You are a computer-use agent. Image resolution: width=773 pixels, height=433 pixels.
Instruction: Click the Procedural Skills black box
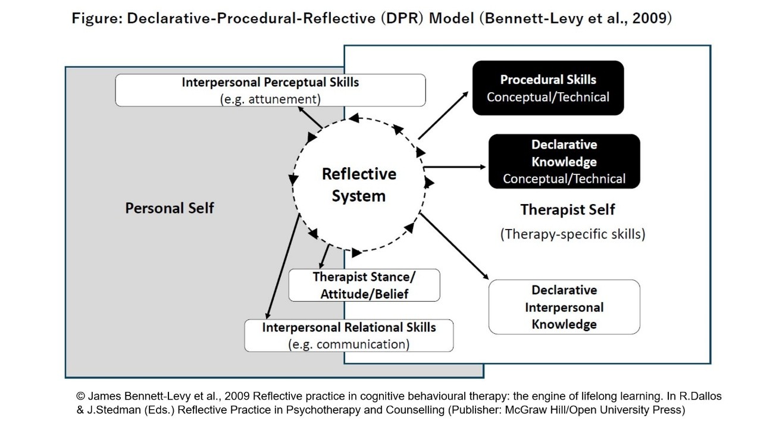[x=547, y=87]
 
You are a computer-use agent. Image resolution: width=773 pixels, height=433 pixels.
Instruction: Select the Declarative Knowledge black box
[x=564, y=161]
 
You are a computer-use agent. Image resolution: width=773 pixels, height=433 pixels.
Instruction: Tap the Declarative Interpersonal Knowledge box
[x=564, y=307]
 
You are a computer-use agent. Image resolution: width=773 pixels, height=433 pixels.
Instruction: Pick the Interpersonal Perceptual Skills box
[x=270, y=90]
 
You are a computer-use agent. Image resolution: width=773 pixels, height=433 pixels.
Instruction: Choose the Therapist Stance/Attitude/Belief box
[x=364, y=285]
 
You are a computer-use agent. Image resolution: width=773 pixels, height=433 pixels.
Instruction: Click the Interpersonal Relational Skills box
[x=349, y=335]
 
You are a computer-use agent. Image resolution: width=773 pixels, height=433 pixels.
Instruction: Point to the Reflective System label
[x=359, y=184]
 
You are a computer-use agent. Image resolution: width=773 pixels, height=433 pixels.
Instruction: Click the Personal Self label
[x=170, y=208]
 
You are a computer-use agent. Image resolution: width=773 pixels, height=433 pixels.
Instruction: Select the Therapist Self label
[x=568, y=209]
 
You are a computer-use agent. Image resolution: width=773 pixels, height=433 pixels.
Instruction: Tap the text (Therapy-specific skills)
[x=572, y=234]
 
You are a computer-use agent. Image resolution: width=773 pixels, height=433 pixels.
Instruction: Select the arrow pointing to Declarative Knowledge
[x=455, y=167]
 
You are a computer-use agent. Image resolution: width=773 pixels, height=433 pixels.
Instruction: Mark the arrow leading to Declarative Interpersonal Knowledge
[x=454, y=245]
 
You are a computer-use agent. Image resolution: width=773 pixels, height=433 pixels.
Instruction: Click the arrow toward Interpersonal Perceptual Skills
[x=309, y=117]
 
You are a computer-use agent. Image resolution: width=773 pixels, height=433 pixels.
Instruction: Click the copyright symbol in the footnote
[x=80, y=396]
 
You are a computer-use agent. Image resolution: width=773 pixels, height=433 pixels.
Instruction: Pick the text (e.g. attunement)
[x=270, y=98]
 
